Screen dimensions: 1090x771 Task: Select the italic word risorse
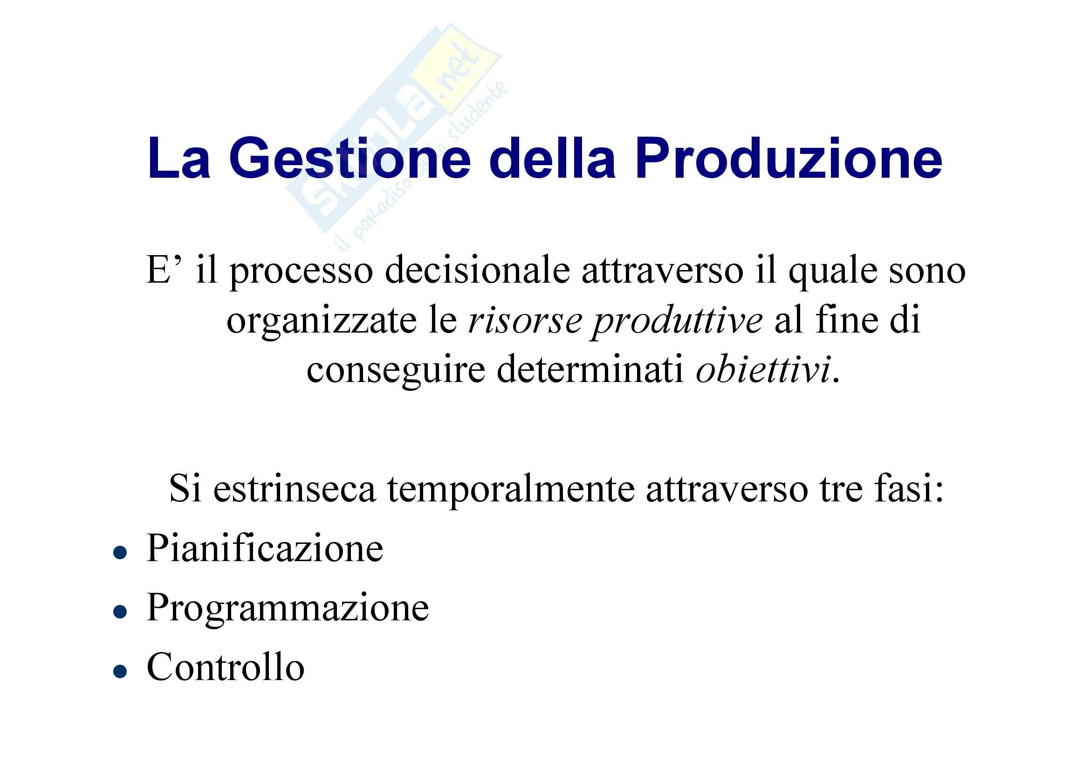(x=525, y=321)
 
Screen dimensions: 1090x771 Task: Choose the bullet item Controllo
(x=226, y=667)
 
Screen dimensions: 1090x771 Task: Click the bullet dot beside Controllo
(x=120, y=672)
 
